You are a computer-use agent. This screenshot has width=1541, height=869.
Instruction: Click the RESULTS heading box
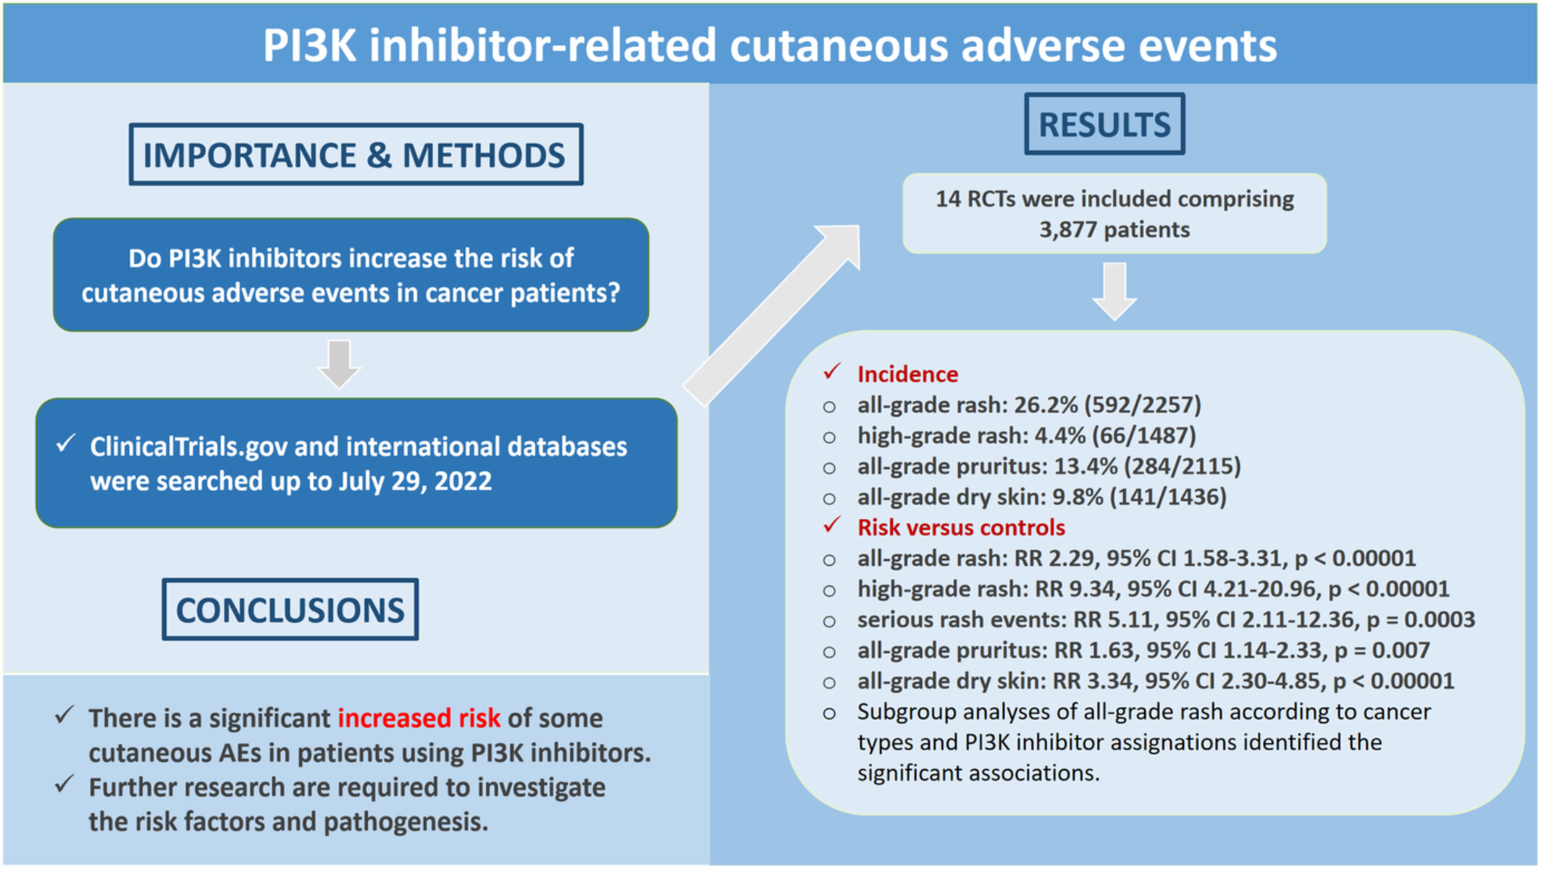point(1104,124)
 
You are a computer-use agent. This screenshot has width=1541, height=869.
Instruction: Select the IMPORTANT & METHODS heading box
point(356,154)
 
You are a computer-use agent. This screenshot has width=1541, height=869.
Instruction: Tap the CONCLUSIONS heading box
point(290,609)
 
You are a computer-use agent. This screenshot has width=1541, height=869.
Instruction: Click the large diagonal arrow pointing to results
point(772,315)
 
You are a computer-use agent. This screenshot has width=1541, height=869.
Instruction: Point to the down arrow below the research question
point(339,364)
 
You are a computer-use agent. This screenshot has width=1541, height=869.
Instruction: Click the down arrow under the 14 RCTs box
point(1114,292)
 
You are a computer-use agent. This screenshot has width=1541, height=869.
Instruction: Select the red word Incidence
point(907,374)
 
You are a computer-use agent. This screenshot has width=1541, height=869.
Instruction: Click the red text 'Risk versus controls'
point(961,527)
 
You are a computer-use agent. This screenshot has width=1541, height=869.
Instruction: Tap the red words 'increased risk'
point(419,718)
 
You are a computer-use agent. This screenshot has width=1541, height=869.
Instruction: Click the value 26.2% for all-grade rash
point(1046,405)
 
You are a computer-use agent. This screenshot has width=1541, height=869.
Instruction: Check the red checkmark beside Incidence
point(831,372)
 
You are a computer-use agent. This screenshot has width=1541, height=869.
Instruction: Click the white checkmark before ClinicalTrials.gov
point(66,443)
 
